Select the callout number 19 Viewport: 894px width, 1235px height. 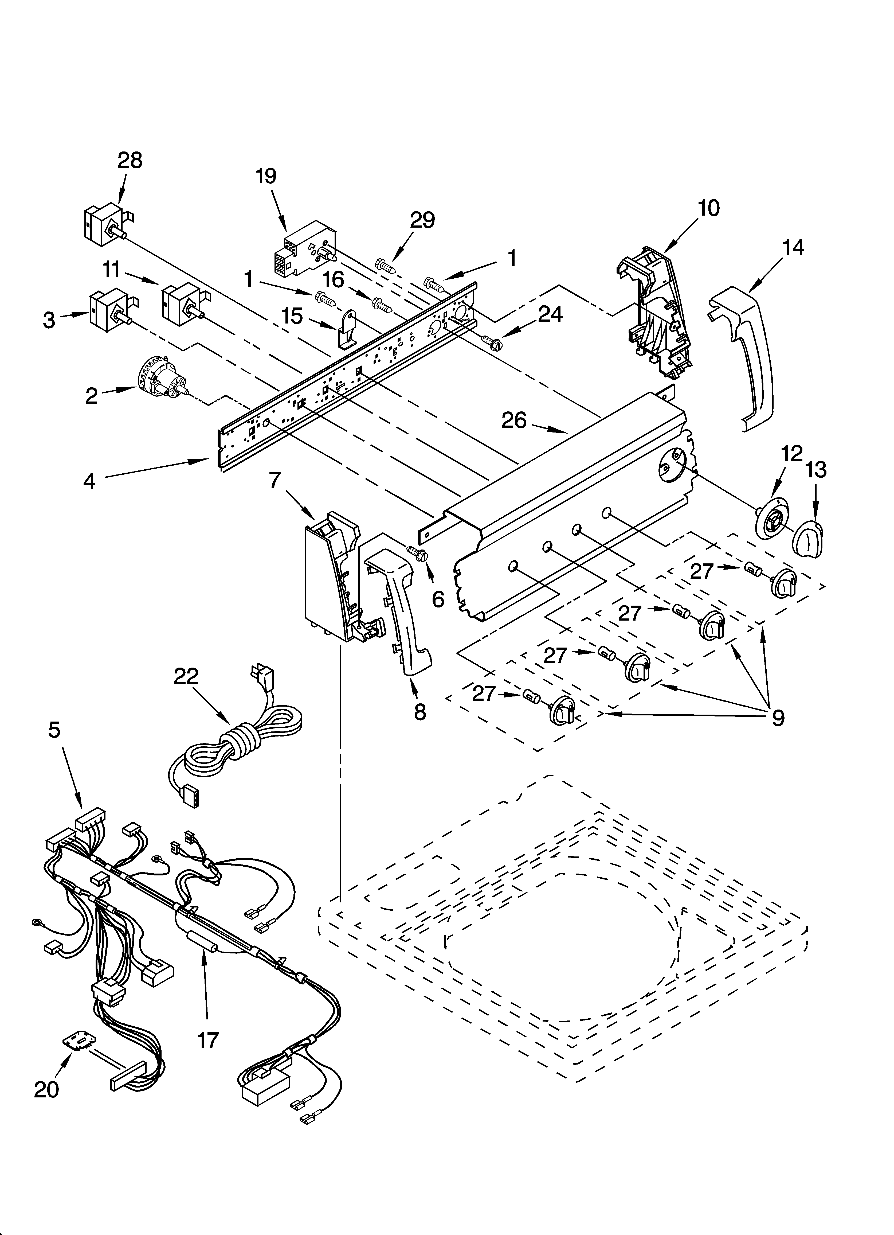pyautogui.click(x=266, y=176)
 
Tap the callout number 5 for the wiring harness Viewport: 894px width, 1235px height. pyautogui.click(x=54, y=730)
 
